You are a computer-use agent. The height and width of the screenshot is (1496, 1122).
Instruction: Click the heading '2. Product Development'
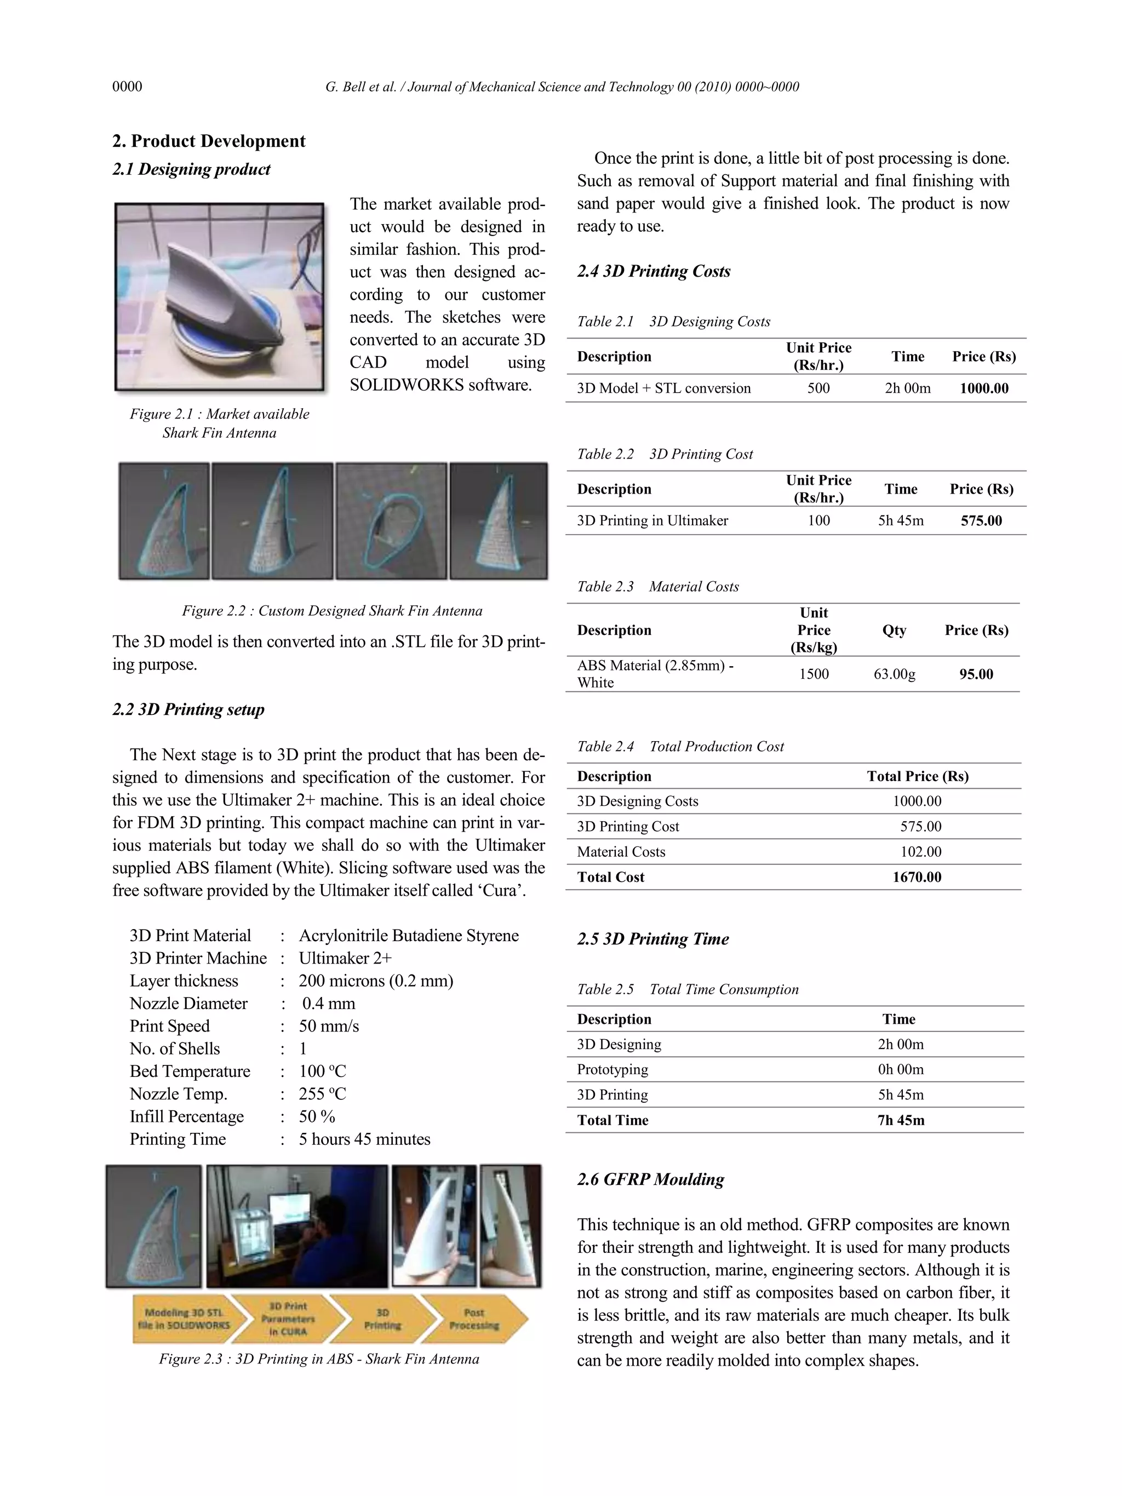[208, 141]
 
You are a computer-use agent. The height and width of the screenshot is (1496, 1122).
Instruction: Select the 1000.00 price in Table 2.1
[983, 388]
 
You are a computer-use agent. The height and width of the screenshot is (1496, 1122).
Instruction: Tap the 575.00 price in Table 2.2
[981, 521]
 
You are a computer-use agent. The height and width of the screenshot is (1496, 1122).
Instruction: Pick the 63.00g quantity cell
[894, 674]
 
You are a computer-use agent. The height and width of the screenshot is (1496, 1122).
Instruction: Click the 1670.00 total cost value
[917, 877]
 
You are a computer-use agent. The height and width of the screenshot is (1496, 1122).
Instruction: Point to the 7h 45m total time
[900, 1120]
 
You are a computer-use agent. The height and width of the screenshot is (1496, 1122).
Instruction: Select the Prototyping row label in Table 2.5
[612, 1069]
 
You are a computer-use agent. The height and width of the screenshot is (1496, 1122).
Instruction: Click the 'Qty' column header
[894, 631]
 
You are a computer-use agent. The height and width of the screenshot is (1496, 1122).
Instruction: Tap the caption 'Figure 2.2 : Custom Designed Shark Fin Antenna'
[331, 611]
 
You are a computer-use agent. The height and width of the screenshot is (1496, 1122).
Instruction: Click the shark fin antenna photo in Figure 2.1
[219, 297]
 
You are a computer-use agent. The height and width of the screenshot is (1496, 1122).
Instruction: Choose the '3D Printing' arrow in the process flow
[383, 1319]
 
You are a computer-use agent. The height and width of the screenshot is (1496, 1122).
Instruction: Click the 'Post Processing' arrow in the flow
[473, 1319]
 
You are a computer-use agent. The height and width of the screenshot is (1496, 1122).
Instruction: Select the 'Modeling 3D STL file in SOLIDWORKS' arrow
[184, 1319]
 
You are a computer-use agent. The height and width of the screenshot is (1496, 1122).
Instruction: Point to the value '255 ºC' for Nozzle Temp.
[322, 1093]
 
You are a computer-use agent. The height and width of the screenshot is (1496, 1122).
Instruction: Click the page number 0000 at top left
[127, 87]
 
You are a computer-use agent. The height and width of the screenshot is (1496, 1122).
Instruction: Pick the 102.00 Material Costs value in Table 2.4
[920, 852]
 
